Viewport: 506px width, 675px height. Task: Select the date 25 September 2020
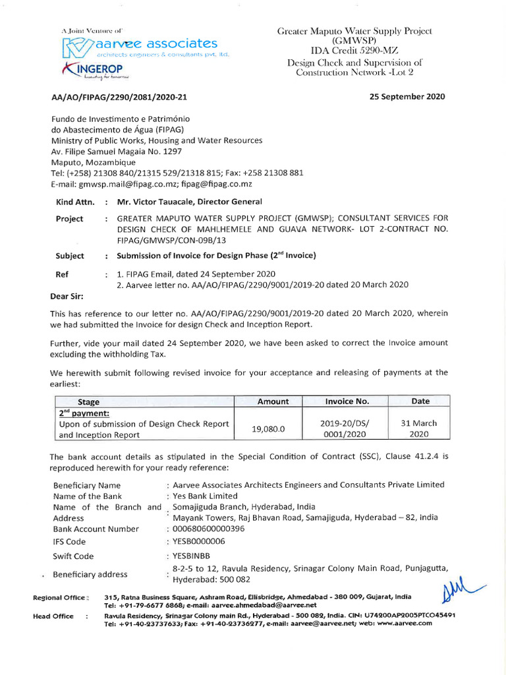click(x=407, y=96)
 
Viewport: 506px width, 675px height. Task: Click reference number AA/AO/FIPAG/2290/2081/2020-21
click(x=119, y=97)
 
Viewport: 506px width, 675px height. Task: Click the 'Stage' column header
click(x=88, y=401)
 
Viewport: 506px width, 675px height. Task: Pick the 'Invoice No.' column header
click(x=347, y=401)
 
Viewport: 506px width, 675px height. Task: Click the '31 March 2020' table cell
click(x=419, y=428)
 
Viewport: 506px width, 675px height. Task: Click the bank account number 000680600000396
click(x=208, y=529)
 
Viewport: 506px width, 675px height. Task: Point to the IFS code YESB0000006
click(x=198, y=541)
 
